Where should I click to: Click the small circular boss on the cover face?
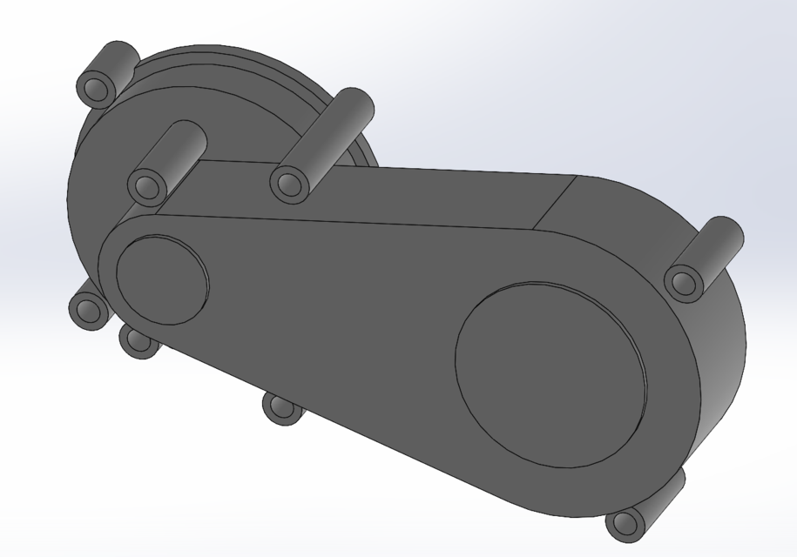click(161, 278)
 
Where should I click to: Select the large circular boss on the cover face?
click(550, 374)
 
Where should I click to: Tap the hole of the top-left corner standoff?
click(96, 88)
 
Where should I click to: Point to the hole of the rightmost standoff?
click(685, 283)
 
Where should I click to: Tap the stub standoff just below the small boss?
click(139, 340)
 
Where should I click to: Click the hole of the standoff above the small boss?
click(146, 186)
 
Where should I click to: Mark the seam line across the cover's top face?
click(557, 202)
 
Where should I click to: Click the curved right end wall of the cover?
click(723, 366)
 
